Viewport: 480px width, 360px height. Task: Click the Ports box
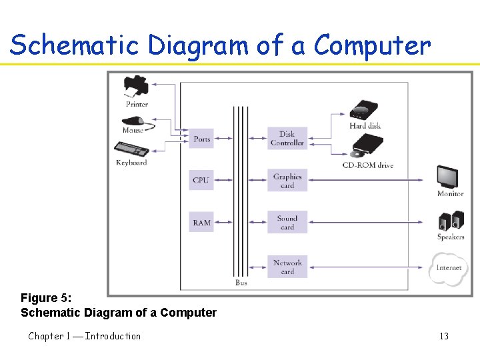pos(201,139)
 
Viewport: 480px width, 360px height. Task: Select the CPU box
pos(201,180)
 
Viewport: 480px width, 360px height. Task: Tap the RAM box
pos(201,223)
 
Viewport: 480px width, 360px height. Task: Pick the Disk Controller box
pos(287,139)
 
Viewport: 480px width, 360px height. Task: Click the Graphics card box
pos(287,181)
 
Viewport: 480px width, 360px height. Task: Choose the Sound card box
pos(287,223)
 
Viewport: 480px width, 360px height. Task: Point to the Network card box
pos(287,267)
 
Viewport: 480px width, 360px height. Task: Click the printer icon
pos(136,87)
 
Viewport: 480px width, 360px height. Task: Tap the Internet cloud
pos(449,267)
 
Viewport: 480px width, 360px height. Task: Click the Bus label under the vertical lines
pos(241,283)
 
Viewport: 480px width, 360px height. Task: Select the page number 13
pos(444,336)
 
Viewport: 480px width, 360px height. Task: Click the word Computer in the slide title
pos(372,45)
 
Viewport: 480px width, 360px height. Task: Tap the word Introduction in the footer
pos(113,336)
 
